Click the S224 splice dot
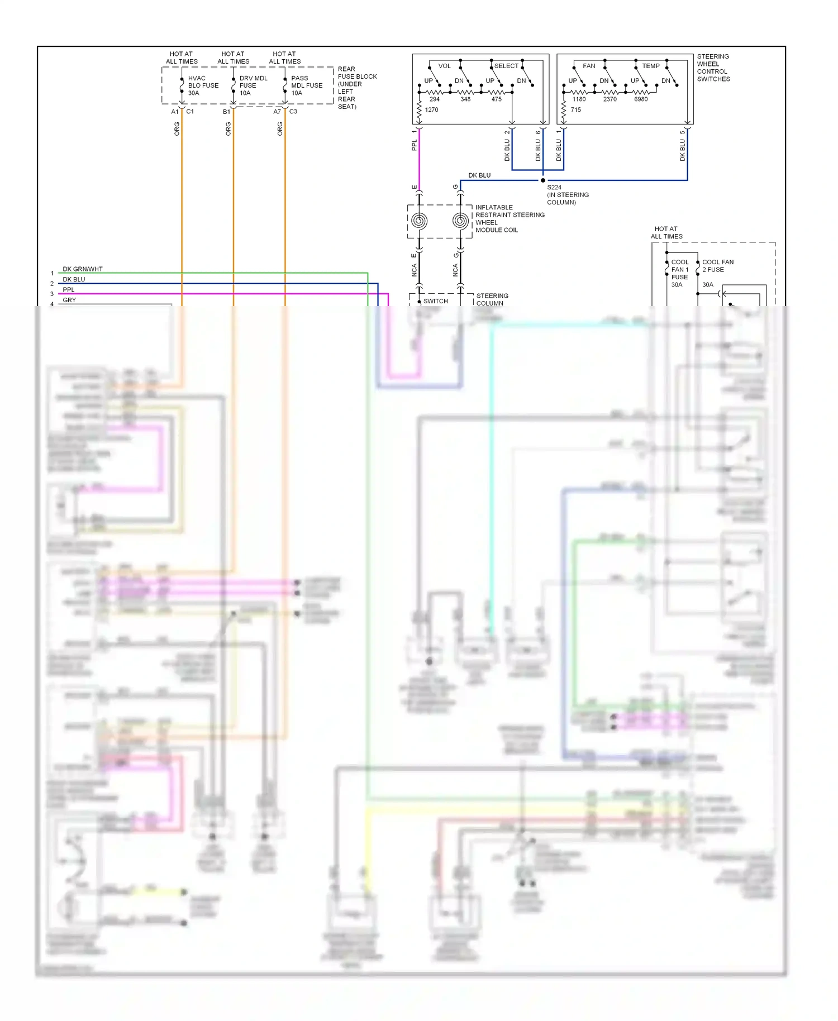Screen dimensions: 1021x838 tap(542, 180)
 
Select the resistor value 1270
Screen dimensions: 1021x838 tap(431, 110)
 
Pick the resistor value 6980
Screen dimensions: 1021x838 tap(641, 99)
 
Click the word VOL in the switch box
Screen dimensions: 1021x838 tap(444, 66)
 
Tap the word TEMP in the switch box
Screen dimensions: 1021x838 tap(651, 66)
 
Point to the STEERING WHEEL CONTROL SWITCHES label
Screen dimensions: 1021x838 tap(713, 68)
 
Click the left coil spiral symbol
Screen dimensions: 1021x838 tap(419, 221)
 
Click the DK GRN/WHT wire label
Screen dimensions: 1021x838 tap(82, 269)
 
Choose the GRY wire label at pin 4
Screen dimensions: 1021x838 tap(69, 300)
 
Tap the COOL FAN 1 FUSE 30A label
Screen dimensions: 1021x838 tap(679, 273)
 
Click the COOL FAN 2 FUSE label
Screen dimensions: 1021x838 tap(717, 266)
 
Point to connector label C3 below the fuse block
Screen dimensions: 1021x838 tap(293, 112)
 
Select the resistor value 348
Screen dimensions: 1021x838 tap(465, 99)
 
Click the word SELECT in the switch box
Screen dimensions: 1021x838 tap(506, 66)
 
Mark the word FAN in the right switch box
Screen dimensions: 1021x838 tap(589, 66)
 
